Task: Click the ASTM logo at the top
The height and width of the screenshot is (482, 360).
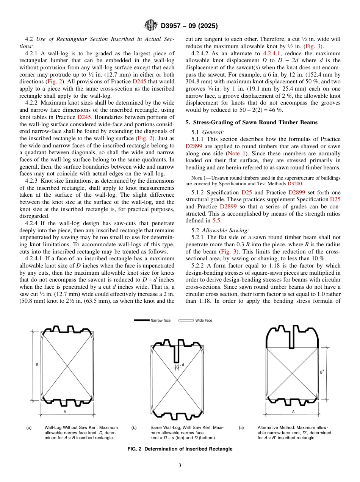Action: click(x=151, y=26)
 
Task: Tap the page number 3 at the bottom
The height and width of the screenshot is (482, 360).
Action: click(x=180, y=465)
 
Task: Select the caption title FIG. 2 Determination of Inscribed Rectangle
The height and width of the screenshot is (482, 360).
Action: click(x=180, y=449)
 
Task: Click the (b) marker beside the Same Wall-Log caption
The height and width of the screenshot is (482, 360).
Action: click(x=134, y=427)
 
